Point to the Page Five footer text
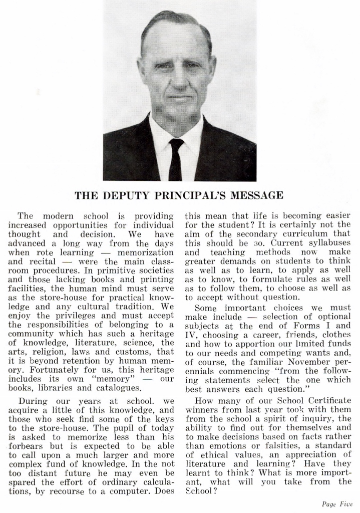pos(337,504)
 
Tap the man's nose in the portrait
pos(178,80)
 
